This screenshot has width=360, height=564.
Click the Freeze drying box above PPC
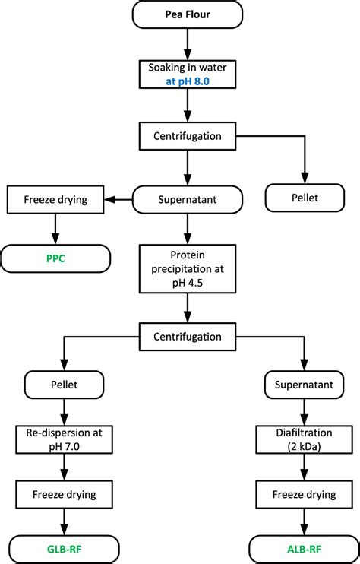coord(55,200)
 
